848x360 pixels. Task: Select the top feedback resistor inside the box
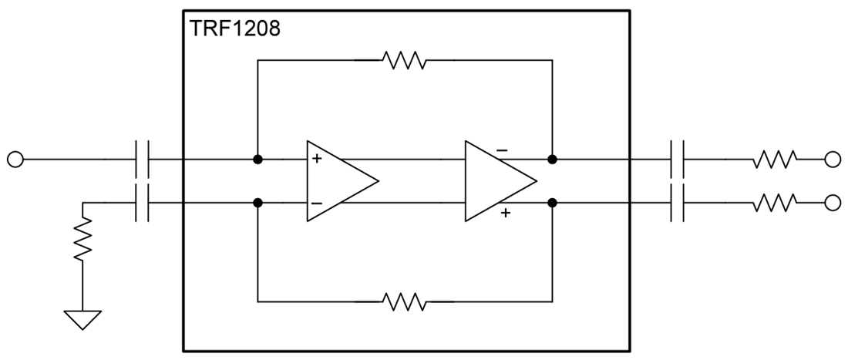click(x=404, y=60)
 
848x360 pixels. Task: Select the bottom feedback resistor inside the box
click(x=404, y=301)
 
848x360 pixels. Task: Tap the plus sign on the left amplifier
click(x=317, y=160)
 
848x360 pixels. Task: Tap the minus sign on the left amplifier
click(x=317, y=204)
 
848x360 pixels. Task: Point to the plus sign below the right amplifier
click(x=505, y=213)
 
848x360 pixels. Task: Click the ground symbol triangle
click(x=82, y=318)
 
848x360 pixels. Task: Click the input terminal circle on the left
click(x=15, y=160)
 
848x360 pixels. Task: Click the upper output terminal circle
click(x=832, y=160)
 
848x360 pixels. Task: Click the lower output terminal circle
click(x=832, y=203)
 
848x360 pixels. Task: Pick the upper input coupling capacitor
click(x=142, y=160)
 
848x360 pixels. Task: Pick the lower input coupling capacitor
click(x=142, y=203)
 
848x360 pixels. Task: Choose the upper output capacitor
click(x=678, y=160)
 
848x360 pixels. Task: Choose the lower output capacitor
click(x=678, y=203)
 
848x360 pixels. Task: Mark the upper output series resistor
click(x=774, y=160)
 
